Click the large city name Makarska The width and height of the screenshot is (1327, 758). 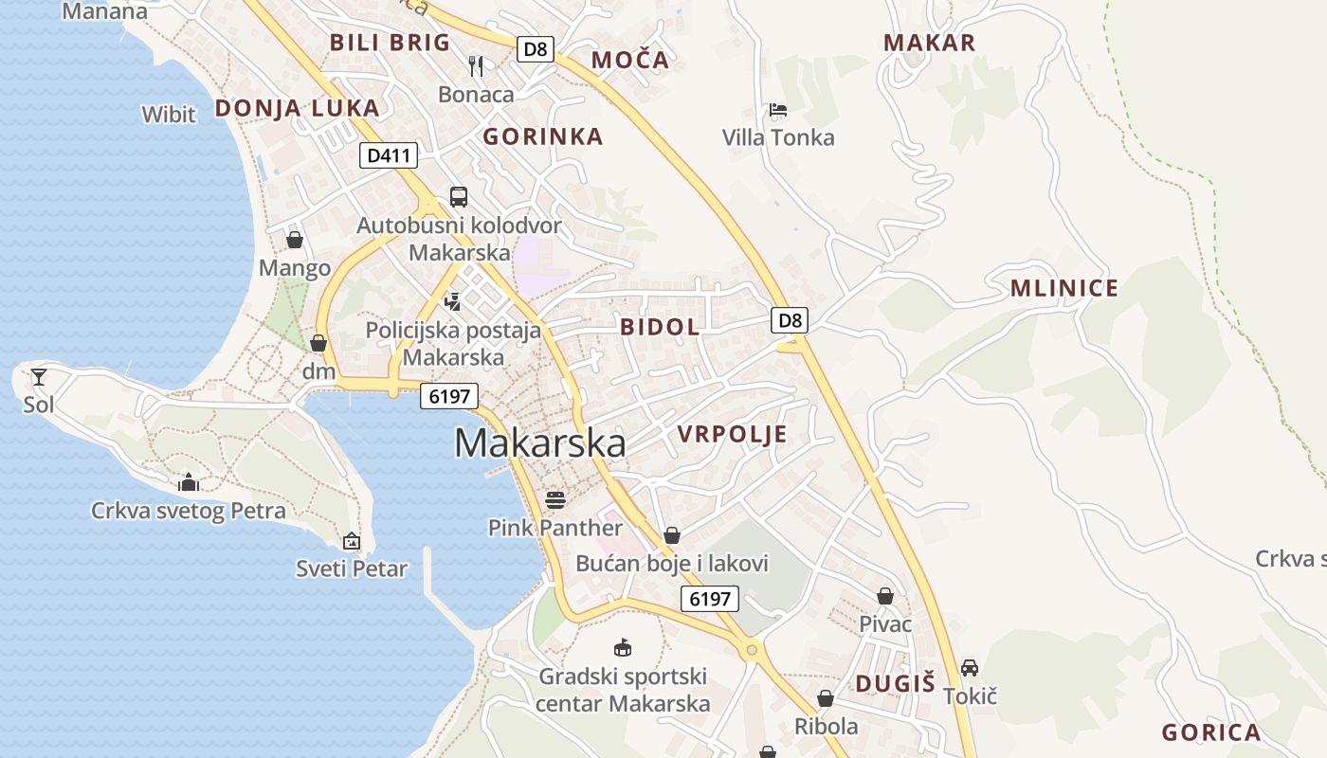click(x=539, y=443)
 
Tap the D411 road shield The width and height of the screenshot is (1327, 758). click(x=388, y=155)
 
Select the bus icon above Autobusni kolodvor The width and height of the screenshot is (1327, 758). click(x=459, y=197)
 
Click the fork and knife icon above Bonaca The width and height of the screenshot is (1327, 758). click(x=476, y=65)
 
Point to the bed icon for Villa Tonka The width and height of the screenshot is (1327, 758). click(x=778, y=110)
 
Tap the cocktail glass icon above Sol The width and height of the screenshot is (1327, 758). click(x=39, y=377)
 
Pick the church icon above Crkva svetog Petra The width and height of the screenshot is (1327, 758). click(x=189, y=482)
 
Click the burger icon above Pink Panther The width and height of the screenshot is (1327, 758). click(x=555, y=499)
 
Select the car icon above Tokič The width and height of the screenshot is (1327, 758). click(x=969, y=668)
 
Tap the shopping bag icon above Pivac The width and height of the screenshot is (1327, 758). click(x=884, y=596)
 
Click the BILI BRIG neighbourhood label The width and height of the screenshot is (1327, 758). click(x=390, y=43)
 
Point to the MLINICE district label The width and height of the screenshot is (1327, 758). click(x=1063, y=288)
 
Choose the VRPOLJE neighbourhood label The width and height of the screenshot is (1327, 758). click(x=732, y=435)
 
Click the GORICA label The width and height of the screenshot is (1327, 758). click(x=1210, y=732)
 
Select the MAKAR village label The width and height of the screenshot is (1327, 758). click(x=929, y=43)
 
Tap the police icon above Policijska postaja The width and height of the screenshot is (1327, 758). click(x=452, y=301)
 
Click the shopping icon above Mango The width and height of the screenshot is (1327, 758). click(x=295, y=240)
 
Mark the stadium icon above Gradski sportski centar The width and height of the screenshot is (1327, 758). click(x=623, y=648)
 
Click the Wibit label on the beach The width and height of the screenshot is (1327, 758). click(x=169, y=115)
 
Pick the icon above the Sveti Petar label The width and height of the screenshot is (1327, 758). click(x=352, y=541)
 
